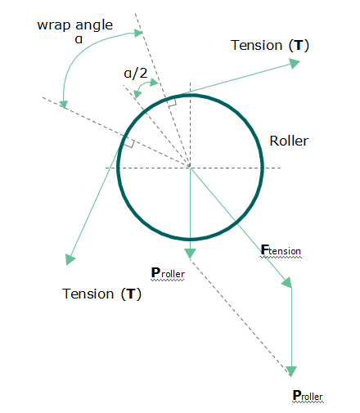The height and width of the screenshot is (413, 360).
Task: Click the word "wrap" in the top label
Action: click(x=54, y=26)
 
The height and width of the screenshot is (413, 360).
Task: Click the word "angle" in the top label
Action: click(x=94, y=25)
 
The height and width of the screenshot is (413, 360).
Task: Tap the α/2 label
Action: click(x=136, y=73)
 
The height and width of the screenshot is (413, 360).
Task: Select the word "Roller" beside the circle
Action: click(x=289, y=141)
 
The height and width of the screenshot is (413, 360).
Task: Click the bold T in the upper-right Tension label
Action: click(x=299, y=45)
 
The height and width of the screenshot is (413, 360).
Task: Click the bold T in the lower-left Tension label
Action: click(x=131, y=294)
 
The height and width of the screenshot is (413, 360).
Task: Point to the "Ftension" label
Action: click(x=281, y=250)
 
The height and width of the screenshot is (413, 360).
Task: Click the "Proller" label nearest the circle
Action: click(x=168, y=273)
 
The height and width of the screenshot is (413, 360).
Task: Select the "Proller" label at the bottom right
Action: click(x=308, y=396)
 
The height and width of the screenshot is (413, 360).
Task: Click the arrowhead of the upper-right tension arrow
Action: click(x=295, y=64)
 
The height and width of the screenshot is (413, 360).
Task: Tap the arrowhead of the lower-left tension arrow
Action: click(x=70, y=259)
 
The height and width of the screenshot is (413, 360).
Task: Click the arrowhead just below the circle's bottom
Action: click(x=190, y=254)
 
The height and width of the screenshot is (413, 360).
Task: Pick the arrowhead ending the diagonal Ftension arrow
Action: click(x=287, y=283)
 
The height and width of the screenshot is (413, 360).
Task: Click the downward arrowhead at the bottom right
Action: click(x=291, y=371)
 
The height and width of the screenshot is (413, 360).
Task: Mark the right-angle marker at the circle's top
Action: click(x=172, y=103)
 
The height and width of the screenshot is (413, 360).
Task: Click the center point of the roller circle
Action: click(x=190, y=166)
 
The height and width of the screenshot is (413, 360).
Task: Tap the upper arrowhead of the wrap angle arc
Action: click(x=138, y=33)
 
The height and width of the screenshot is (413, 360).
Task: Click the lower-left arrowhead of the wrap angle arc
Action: click(x=64, y=105)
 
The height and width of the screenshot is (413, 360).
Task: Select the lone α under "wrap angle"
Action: click(x=79, y=40)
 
